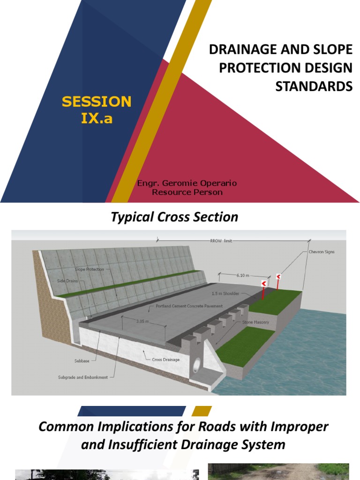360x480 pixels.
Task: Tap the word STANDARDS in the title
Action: tap(314, 86)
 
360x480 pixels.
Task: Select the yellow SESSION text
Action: tap(97, 101)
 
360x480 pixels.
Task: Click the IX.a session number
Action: tap(97, 118)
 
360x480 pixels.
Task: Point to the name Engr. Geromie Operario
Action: tap(187, 183)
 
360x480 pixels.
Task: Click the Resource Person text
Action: tap(187, 192)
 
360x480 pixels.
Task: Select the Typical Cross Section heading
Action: tap(174, 217)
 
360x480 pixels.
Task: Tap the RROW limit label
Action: tap(221, 240)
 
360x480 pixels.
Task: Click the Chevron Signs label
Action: tap(322, 252)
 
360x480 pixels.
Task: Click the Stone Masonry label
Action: tap(255, 322)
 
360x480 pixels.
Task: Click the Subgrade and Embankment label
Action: tap(83, 377)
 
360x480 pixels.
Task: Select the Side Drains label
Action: tap(68, 281)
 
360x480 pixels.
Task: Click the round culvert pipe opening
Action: tap(196, 364)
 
